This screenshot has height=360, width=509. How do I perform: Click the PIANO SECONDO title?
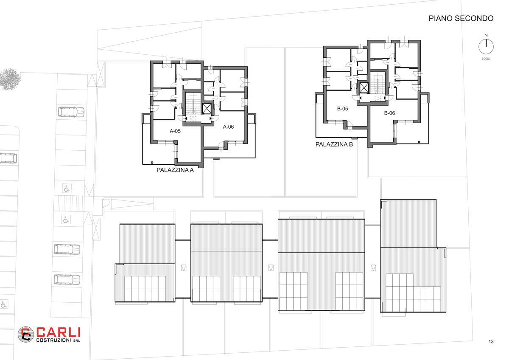pos(461,18)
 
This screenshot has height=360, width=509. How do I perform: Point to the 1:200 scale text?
pos(486,59)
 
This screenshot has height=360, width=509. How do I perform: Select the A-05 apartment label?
pos(175,131)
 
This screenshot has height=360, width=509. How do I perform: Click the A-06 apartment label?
pos(228,127)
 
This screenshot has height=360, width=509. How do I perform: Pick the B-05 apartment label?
pos(342,109)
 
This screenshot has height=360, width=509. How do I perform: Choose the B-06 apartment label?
pos(389,113)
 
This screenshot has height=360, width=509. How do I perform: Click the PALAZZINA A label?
pos(175,170)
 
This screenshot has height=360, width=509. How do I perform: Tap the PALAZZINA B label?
pos(334,144)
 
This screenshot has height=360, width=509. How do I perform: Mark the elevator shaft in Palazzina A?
pos(207,109)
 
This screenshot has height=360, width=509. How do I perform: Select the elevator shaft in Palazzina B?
pos(364,88)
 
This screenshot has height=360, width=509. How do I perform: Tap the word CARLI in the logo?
pos(59,332)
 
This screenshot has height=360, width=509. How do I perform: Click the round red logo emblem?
pos(26,335)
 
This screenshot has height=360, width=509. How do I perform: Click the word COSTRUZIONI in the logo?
pos(53,340)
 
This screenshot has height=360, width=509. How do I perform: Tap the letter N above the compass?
pos(486,35)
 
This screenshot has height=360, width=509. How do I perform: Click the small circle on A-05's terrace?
pos(152,163)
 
